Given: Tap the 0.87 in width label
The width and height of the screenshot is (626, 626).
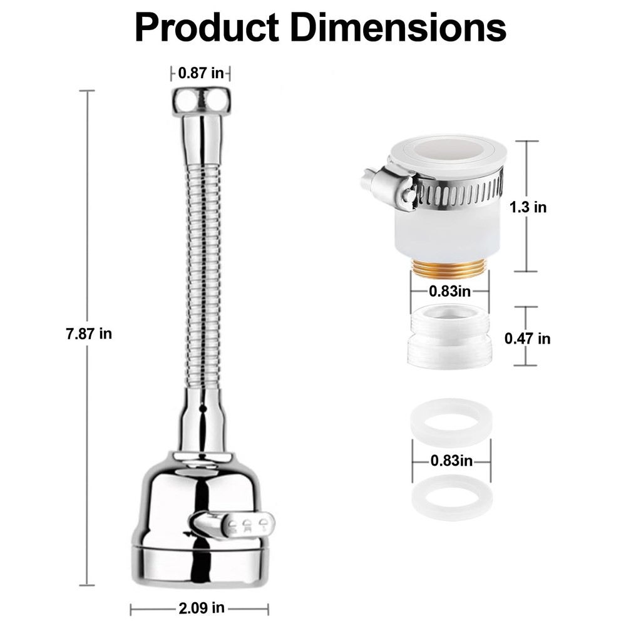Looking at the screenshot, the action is point(201,73).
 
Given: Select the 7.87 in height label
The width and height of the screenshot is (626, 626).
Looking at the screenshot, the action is point(89,334).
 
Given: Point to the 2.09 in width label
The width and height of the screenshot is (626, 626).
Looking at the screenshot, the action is point(201,608).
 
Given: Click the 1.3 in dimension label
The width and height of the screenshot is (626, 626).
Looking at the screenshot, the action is point(528,207).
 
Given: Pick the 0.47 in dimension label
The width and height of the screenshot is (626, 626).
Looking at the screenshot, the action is point(527,339).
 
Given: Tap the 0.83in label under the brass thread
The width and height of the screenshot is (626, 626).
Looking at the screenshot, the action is point(449,291).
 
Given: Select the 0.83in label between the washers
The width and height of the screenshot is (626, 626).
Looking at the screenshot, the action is point(451,461).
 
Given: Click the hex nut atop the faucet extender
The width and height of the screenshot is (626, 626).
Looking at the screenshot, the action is point(201,102).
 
